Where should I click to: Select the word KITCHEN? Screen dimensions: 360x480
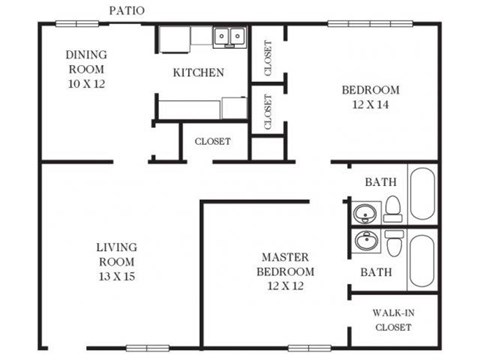[199, 73]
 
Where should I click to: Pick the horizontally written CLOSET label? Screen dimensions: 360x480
[212, 141]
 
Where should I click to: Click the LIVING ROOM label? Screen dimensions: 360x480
[116, 254]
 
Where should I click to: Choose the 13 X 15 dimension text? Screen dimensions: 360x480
[116, 276]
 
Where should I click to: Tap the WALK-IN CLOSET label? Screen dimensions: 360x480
[393, 318]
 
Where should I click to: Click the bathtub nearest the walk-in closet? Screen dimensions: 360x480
[422, 260]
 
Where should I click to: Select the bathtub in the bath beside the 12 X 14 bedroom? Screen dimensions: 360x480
[422, 193]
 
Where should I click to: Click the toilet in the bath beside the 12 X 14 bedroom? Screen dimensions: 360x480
[394, 208]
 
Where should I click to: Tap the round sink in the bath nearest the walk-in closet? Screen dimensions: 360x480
[366, 241]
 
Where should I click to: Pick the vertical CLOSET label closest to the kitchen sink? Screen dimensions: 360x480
[268, 57]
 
